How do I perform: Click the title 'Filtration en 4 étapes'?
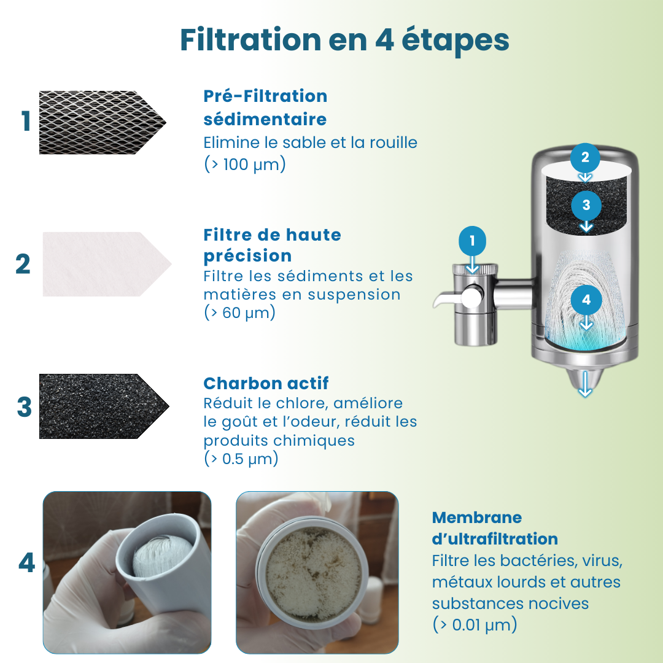click(x=344, y=40)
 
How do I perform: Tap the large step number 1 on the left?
click(x=26, y=122)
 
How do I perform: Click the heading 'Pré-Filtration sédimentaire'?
click(x=265, y=107)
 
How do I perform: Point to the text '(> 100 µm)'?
click(x=244, y=165)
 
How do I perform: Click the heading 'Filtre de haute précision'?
click(x=272, y=245)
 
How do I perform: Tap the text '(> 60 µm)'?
click(x=239, y=312)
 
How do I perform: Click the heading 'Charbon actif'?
click(x=266, y=383)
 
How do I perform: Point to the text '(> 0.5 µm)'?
click(x=241, y=459)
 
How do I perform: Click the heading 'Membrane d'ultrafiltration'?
click(x=495, y=528)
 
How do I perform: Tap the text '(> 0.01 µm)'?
click(x=475, y=625)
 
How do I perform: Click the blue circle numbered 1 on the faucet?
click(x=472, y=241)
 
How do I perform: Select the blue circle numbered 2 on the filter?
click(x=585, y=157)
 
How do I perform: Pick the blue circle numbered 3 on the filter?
click(x=586, y=205)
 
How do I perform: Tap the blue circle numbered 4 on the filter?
click(x=586, y=300)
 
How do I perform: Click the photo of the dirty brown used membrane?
click(x=317, y=572)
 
